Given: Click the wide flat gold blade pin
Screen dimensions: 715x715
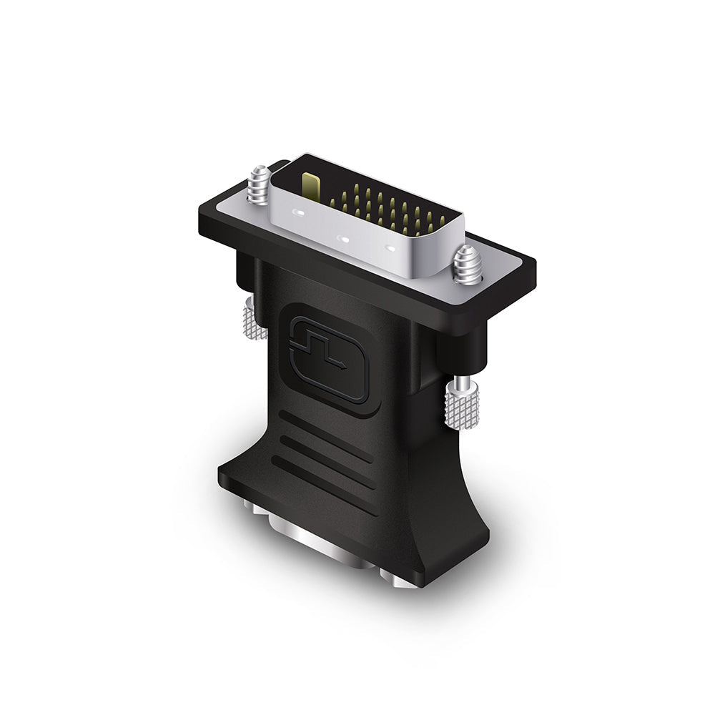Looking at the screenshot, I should click(308, 186).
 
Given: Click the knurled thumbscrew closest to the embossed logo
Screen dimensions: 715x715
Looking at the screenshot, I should click(254, 320).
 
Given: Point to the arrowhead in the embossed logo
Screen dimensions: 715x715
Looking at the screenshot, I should click(344, 365).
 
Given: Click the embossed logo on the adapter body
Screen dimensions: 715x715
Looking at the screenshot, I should click(327, 353).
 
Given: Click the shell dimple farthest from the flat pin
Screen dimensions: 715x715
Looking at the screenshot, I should click(390, 248).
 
